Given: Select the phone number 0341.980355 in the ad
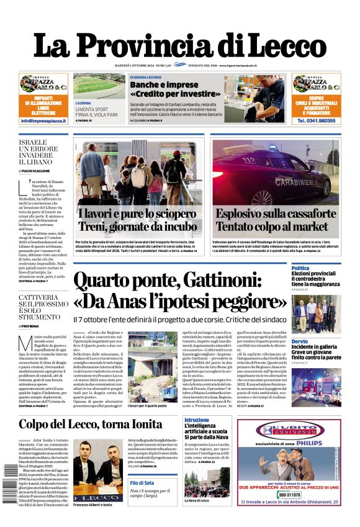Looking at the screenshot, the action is coord(317,120).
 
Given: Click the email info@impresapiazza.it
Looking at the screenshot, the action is coord(43,120).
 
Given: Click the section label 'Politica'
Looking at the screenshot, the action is coord(300,268).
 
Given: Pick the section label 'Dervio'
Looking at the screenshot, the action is coord(300,341).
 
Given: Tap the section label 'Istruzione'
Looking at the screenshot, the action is coord(197,420).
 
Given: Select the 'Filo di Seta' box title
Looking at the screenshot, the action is coord(142,482).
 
